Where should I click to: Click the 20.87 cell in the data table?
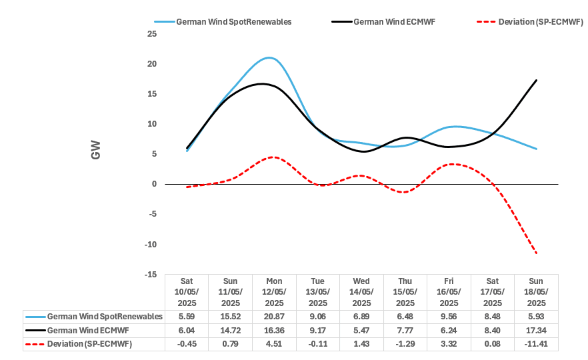274,317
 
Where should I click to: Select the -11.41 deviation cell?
536,344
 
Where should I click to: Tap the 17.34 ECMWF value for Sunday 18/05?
536,331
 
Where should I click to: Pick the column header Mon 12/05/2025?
274,292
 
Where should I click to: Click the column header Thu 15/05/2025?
405,292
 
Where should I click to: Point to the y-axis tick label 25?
152,34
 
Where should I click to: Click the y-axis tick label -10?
151,244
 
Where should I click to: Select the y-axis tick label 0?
154,184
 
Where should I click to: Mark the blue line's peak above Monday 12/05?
269,58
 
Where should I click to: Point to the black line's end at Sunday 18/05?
537,80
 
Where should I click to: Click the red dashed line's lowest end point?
537,253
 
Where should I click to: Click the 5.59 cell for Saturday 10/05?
187,317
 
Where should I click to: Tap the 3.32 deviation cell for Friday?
449,344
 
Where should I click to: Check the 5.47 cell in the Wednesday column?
361,331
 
